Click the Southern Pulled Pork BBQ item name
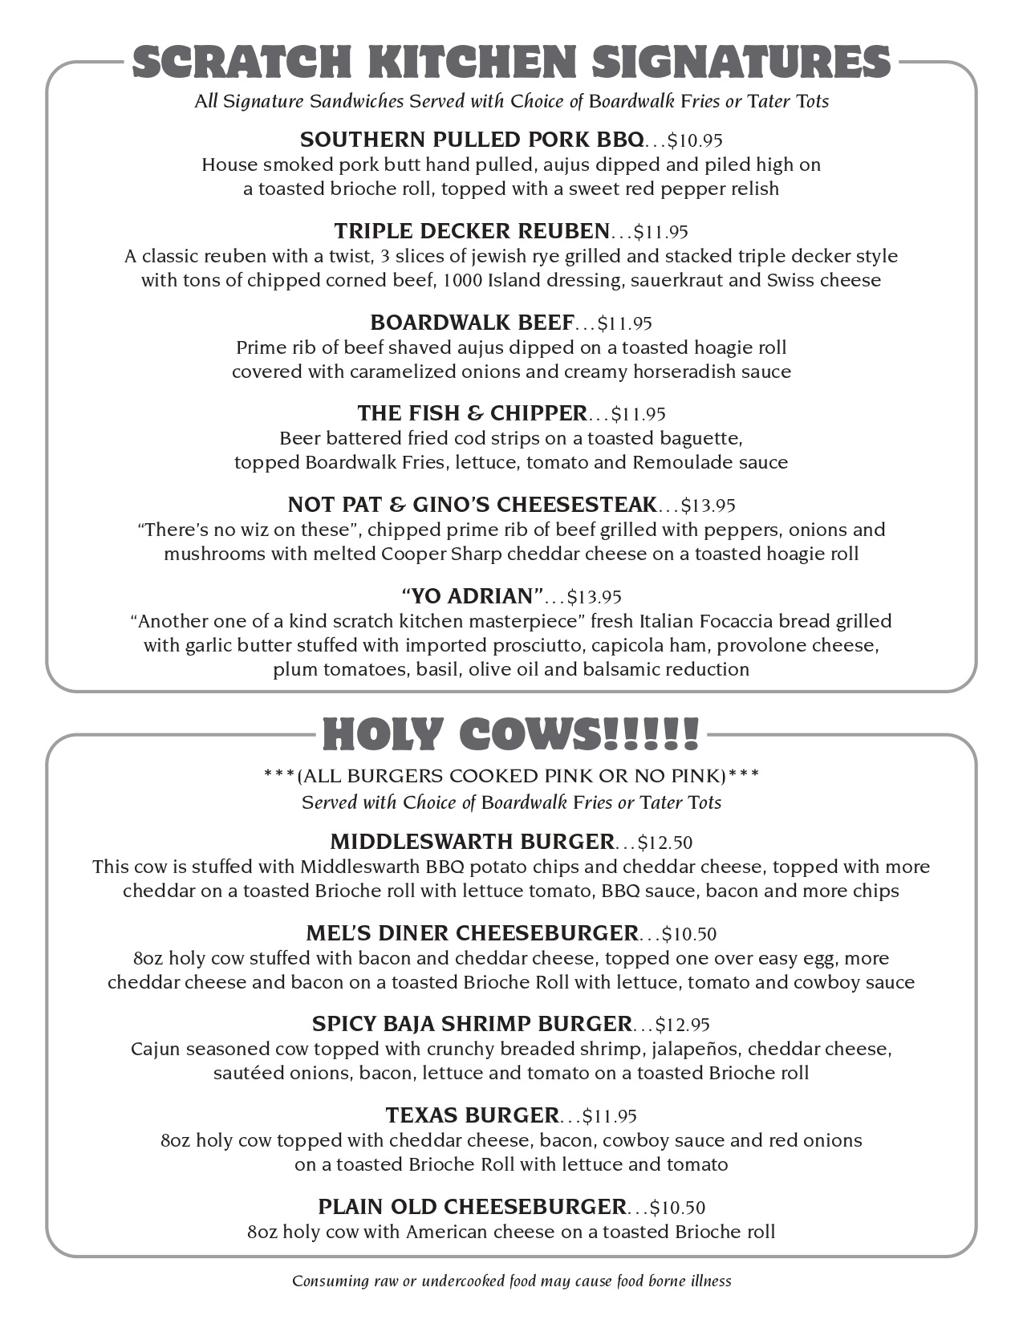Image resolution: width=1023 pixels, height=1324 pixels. click(471, 140)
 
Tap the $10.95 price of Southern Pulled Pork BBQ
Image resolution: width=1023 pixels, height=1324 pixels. click(695, 141)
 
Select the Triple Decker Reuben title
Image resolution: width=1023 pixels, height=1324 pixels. click(472, 231)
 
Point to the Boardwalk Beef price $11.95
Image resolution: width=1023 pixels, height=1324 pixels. click(625, 323)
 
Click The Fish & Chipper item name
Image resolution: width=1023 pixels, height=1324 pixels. click(472, 413)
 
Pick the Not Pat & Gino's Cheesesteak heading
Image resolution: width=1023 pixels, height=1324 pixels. click(472, 505)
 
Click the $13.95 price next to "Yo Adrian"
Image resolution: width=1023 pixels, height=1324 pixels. click(595, 597)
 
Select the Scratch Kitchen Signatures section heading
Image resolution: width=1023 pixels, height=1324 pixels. click(511, 63)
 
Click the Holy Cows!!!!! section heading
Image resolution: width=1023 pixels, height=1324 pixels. click(511, 734)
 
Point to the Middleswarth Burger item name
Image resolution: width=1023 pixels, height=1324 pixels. click(472, 842)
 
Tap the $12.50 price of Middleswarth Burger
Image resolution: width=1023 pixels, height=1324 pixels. click(665, 843)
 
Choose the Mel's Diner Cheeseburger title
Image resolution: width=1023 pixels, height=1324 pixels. click(472, 933)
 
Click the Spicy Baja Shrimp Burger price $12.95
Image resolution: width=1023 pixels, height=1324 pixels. click(683, 1025)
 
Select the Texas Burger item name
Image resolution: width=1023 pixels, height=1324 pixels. click(472, 1115)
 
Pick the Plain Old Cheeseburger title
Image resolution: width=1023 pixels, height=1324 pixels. click(472, 1207)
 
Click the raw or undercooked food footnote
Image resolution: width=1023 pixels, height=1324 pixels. click(511, 1281)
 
